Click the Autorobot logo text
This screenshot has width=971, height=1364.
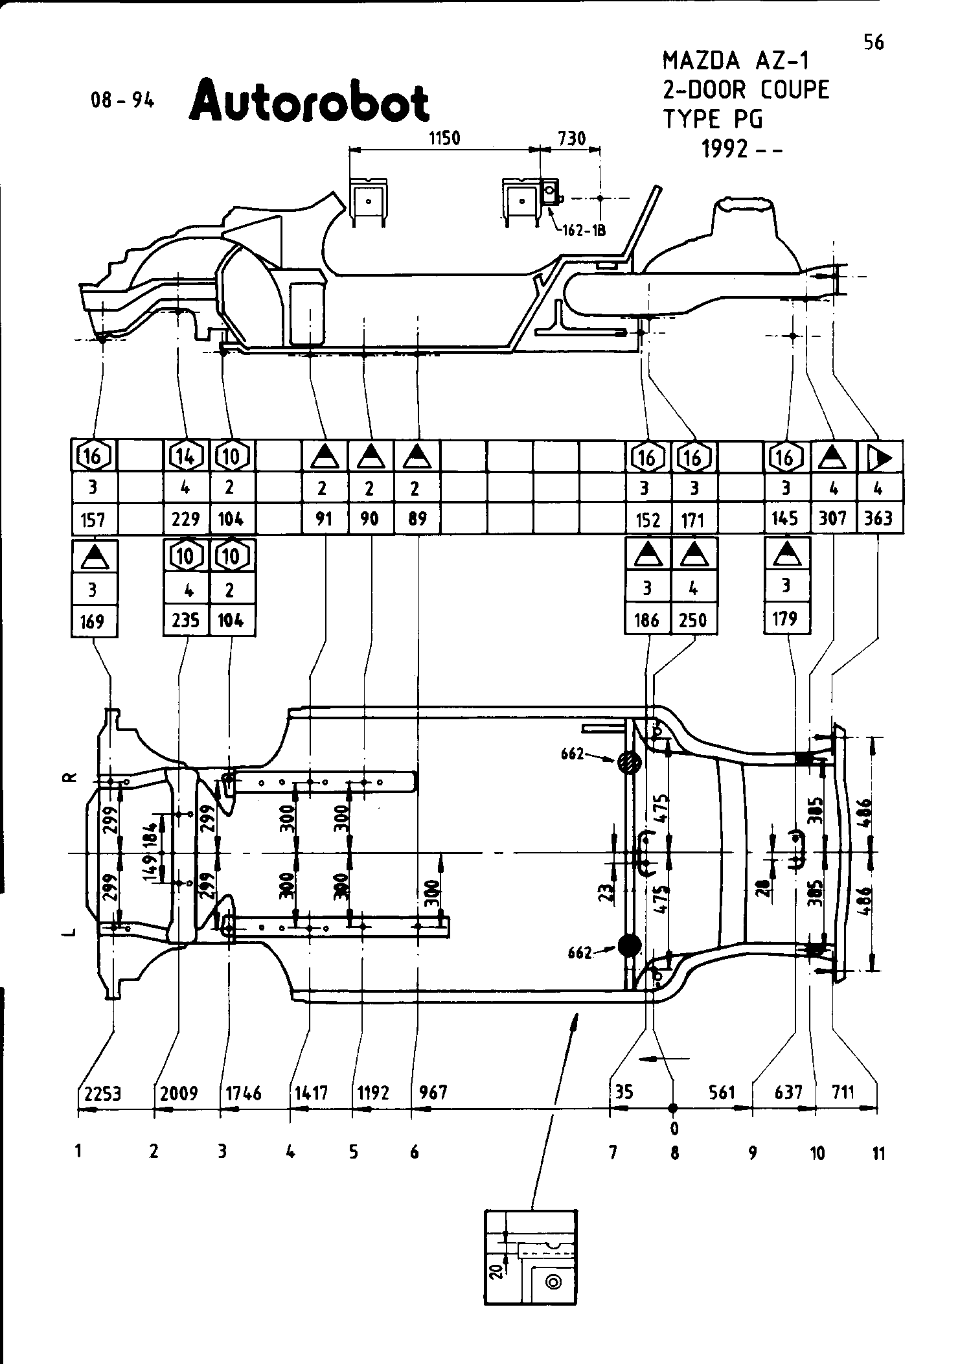pos(309,101)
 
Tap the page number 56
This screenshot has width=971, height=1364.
pos(873,43)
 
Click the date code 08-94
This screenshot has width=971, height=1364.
pos(123,100)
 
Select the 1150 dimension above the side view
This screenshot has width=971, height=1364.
pos(444,139)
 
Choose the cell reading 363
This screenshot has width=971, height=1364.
pos(879,518)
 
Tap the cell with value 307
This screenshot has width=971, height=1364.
pos(833,518)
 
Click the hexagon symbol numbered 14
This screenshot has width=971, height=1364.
pos(186,457)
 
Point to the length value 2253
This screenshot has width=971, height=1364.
pos(102,1094)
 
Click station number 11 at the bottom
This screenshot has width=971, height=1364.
pos(878,1153)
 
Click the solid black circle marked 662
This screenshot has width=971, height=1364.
pos(629,945)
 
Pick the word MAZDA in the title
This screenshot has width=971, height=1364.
pos(701,61)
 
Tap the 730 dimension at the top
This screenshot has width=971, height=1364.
pos(571,139)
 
